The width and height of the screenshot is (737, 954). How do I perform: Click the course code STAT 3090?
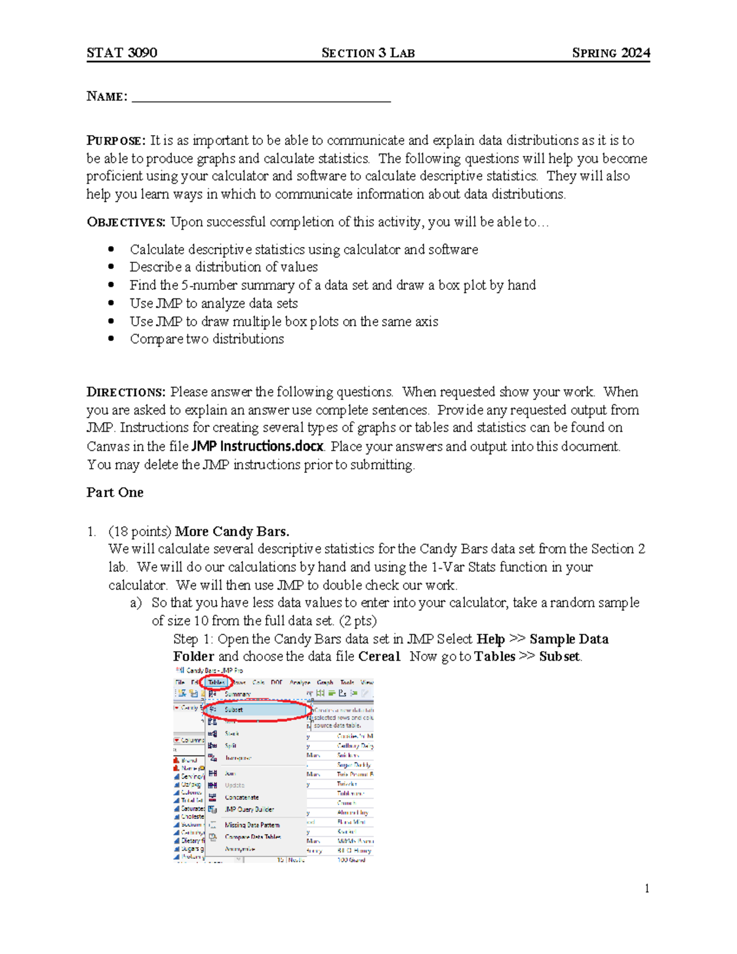point(122,53)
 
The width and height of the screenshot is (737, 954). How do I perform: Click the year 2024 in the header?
point(635,53)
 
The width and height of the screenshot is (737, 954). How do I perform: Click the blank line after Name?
point(261,97)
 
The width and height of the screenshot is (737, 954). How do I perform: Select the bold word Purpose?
point(115,141)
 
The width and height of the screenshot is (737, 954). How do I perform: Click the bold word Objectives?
point(126,222)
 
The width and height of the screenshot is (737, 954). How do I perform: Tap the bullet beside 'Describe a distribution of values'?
point(111,267)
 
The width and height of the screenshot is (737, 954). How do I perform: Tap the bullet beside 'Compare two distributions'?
point(111,339)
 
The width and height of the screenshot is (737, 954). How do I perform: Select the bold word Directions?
point(126,392)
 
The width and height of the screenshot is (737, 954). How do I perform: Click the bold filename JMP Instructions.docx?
point(257,447)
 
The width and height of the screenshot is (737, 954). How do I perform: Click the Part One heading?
point(115,493)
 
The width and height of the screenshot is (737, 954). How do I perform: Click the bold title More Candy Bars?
point(232,531)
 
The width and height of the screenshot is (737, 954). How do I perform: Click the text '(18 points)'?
point(140,531)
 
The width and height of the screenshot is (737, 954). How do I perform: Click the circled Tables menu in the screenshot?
point(216,682)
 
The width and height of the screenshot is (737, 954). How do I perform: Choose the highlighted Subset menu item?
point(234,710)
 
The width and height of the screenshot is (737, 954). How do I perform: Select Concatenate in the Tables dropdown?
point(241,797)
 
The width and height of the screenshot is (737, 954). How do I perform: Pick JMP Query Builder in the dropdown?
point(249,810)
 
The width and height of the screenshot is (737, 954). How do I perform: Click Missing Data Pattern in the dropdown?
point(252,825)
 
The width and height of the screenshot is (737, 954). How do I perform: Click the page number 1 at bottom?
point(647,888)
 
